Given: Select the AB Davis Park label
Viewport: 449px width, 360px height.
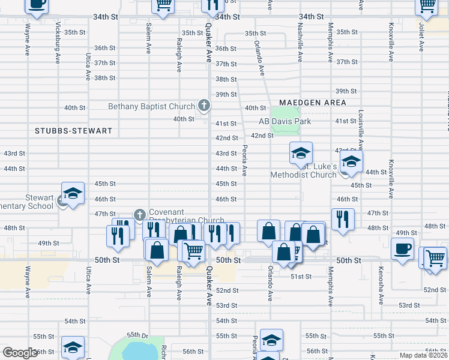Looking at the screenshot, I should pyautogui.click(x=285, y=121).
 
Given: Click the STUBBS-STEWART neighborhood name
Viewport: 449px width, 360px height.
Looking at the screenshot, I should pyautogui.click(x=66, y=130).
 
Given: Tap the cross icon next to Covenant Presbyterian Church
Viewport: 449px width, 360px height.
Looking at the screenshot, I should pyautogui.click(x=139, y=214).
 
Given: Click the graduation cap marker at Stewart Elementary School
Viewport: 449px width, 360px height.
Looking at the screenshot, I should pyautogui.click(x=73, y=193).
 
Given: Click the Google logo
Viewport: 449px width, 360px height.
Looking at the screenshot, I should pyautogui.click(x=19, y=353).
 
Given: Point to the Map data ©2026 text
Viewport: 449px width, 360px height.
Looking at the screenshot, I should pyautogui.click(x=423, y=355).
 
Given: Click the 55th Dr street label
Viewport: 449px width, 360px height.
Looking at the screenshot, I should pyautogui.click(x=137, y=335).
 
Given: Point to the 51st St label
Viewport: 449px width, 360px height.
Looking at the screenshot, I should pyautogui.click(x=301, y=276).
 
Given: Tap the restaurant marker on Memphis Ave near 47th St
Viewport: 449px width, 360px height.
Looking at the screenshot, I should pyautogui.click(x=343, y=218).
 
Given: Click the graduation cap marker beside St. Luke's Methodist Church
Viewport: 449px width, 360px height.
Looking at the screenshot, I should pyautogui.click(x=351, y=161).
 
